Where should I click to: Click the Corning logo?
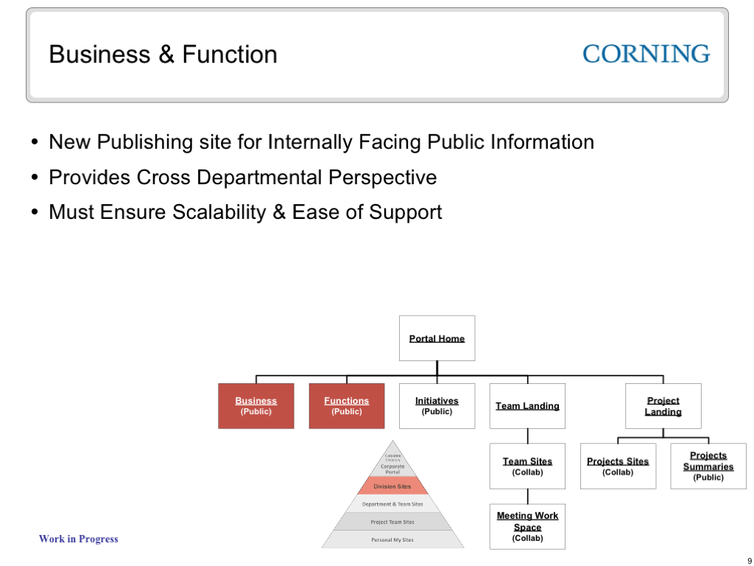(x=646, y=54)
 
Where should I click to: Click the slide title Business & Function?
(x=163, y=55)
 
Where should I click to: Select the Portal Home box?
(x=437, y=338)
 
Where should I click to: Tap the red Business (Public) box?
(x=256, y=406)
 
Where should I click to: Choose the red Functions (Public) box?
(x=346, y=406)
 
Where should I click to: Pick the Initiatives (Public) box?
(x=437, y=406)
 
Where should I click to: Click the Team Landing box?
(x=527, y=406)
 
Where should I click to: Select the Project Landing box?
(x=663, y=406)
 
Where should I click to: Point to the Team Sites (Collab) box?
(x=527, y=466)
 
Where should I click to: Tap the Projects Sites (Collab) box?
(x=618, y=466)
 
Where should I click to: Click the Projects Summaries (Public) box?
(x=708, y=466)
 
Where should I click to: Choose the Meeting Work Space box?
(x=527, y=526)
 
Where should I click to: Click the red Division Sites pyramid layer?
(x=392, y=486)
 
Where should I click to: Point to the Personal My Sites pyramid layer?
(x=392, y=539)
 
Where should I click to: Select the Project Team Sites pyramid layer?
(x=392, y=522)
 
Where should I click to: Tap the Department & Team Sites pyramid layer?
(x=392, y=504)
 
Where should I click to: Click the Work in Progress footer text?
(x=78, y=539)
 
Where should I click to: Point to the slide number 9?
(x=750, y=561)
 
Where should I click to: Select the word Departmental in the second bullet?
(x=261, y=178)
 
